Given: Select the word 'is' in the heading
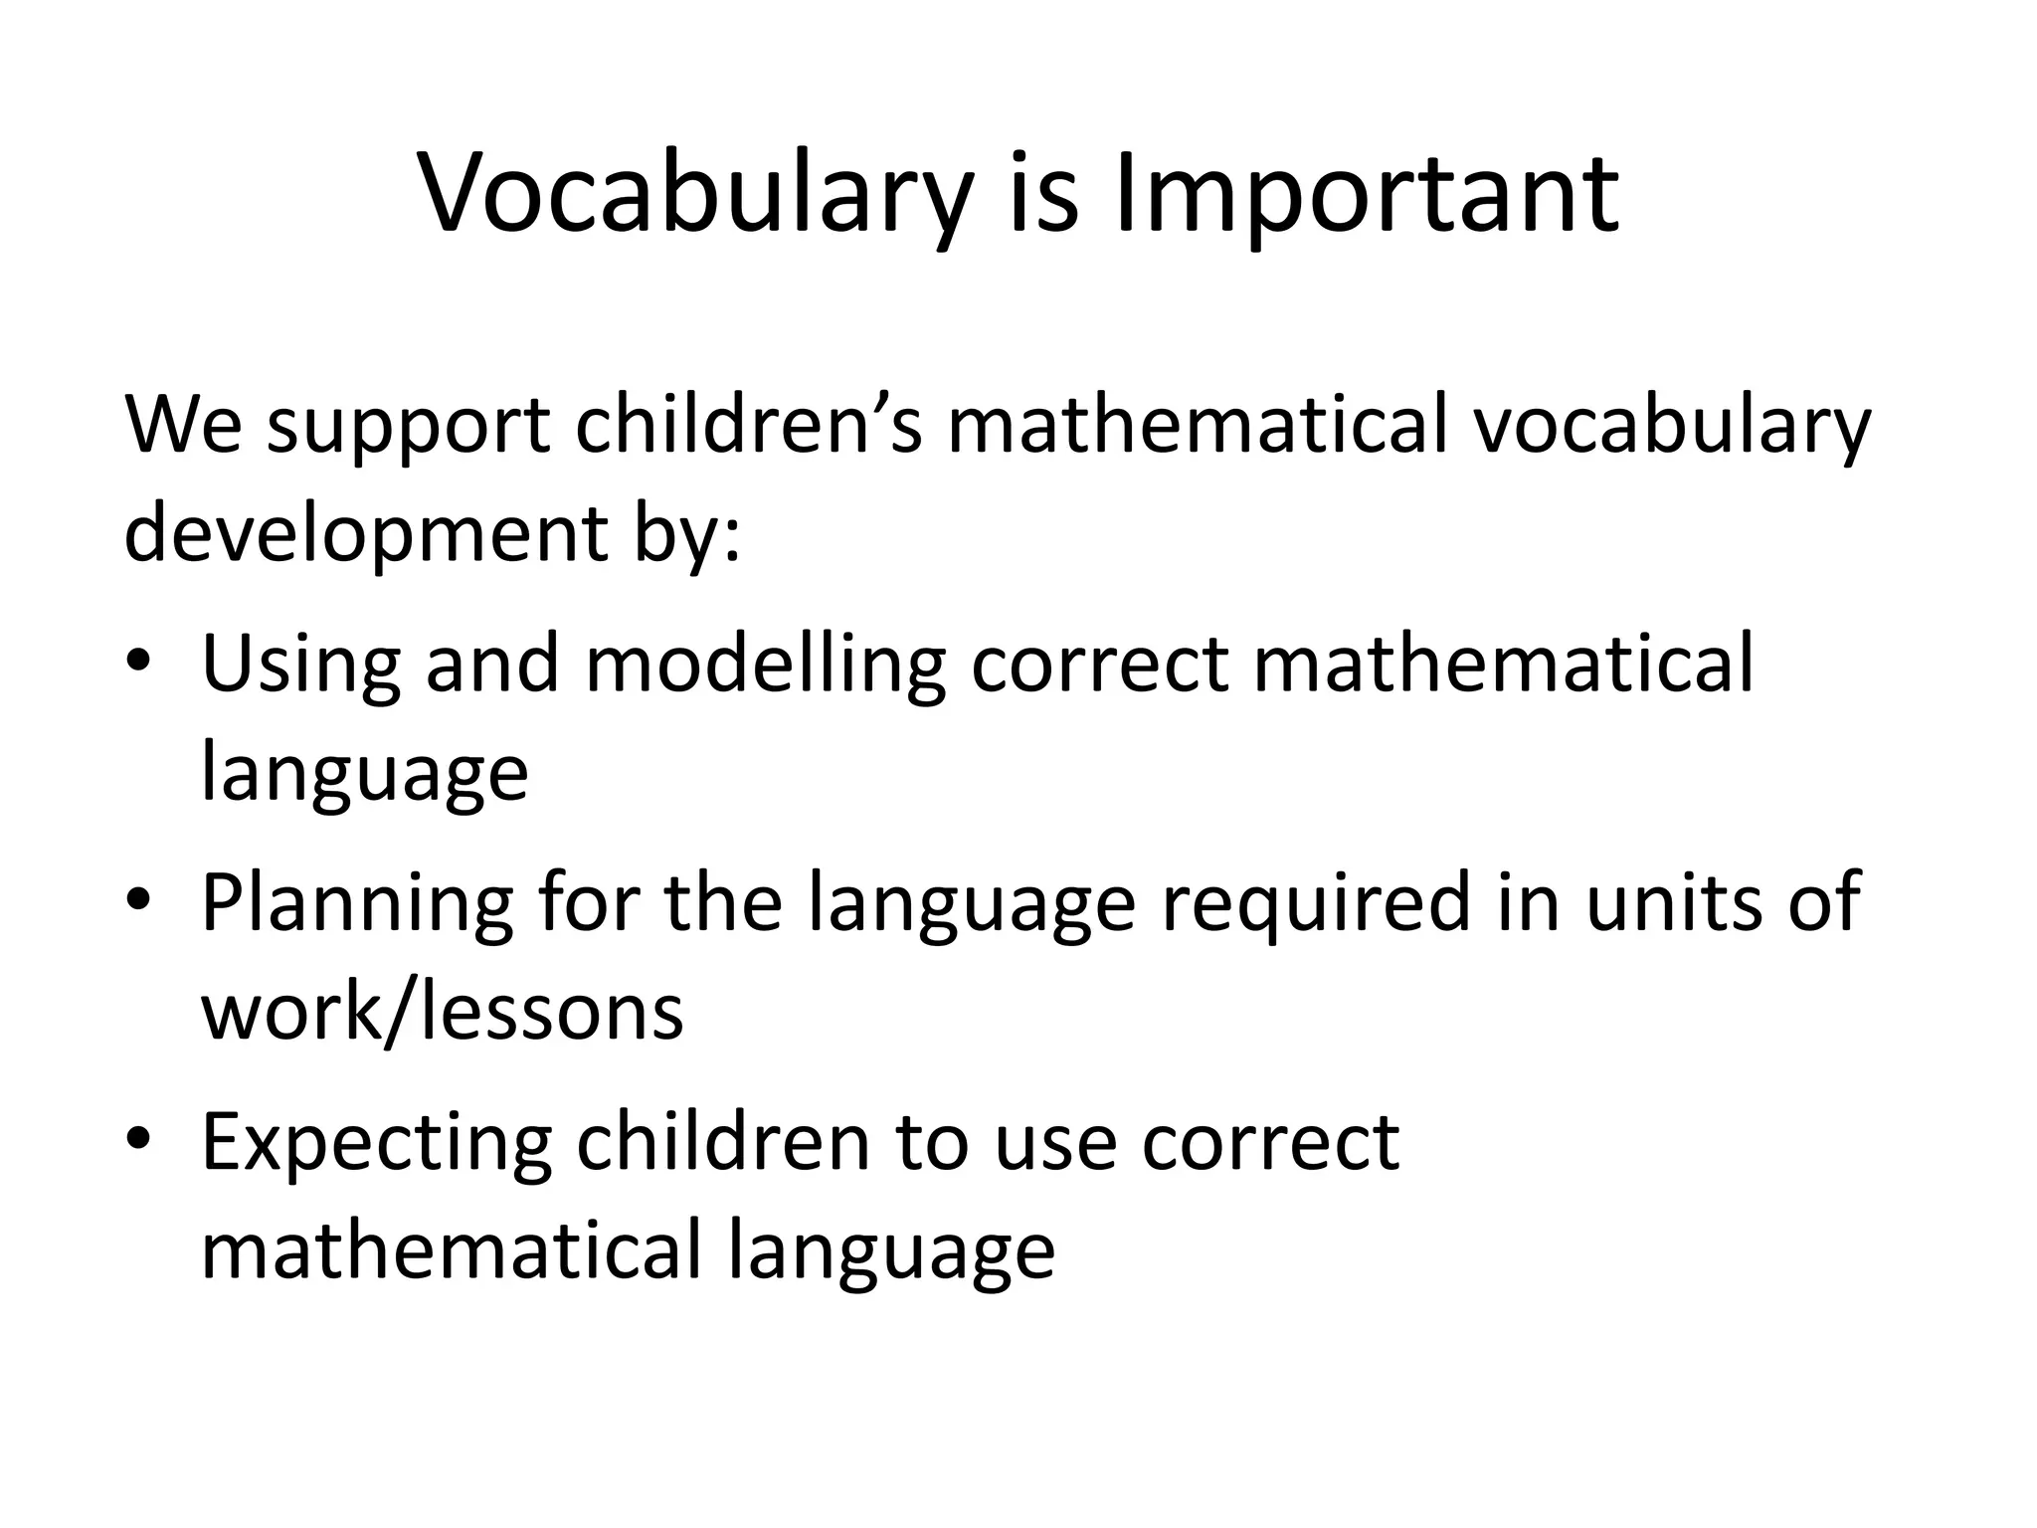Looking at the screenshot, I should tap(1043, 194).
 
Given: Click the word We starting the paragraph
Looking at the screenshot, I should tap(182, 425).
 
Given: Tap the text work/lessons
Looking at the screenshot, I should tap(443, 1011).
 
